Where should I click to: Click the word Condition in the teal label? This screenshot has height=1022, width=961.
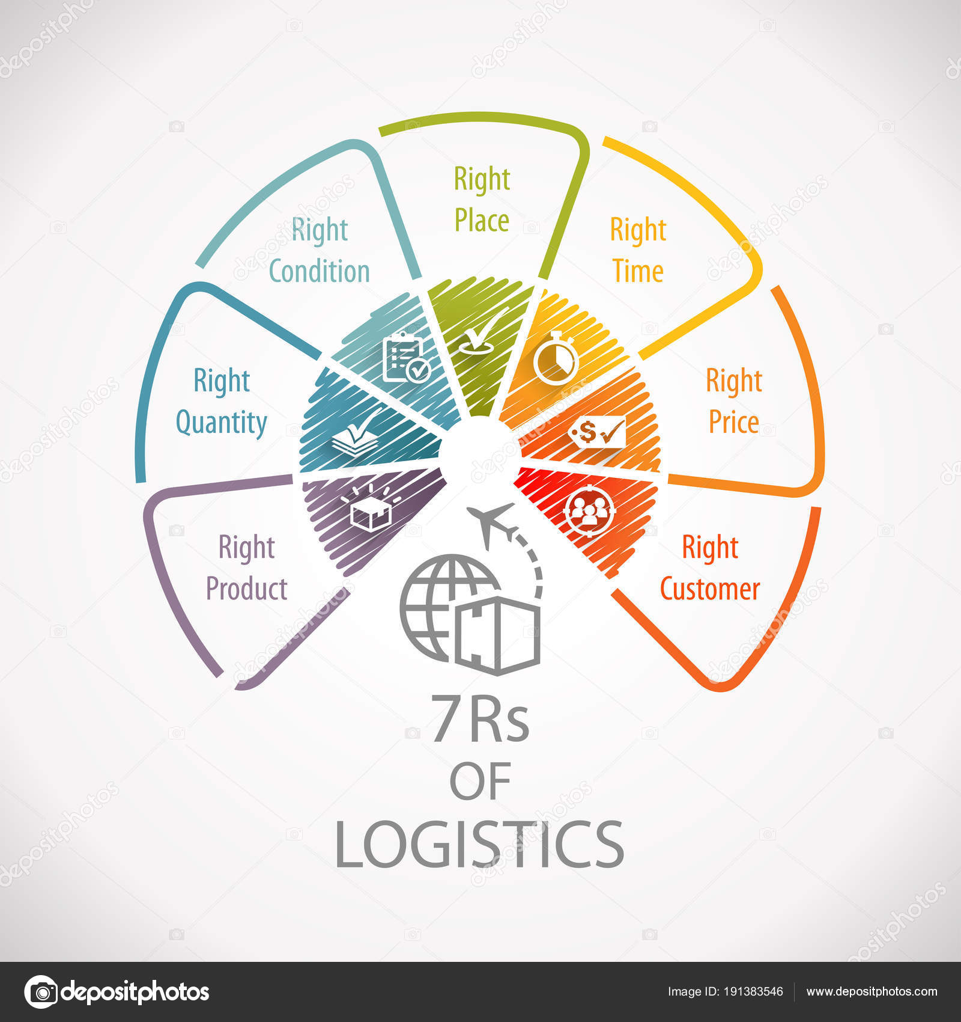pyautogui.click(x=319, y=272)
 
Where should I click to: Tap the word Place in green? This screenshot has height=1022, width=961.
pyautogui.click(x=482, y=221)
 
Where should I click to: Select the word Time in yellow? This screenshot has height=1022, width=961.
pyautogui.click(x=638, y=272)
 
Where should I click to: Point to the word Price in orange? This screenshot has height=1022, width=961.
pyautogui.click(x=733, y=422)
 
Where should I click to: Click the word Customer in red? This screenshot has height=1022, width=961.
pyautogui.click(x=710, y=589)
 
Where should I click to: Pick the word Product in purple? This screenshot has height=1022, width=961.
pyautogui.click(x=247, y=589)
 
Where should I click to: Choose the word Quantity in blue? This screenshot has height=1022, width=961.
pyautogui.click(x=221, y=422)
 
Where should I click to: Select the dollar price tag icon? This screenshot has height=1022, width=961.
pyautogui.click(x=597, y=432)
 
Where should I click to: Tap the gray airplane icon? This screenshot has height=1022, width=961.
pyautogui.click(x=491, y=522)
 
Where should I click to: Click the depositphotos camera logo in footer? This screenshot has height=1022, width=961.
pyautogui.click(x=41, y=992)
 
